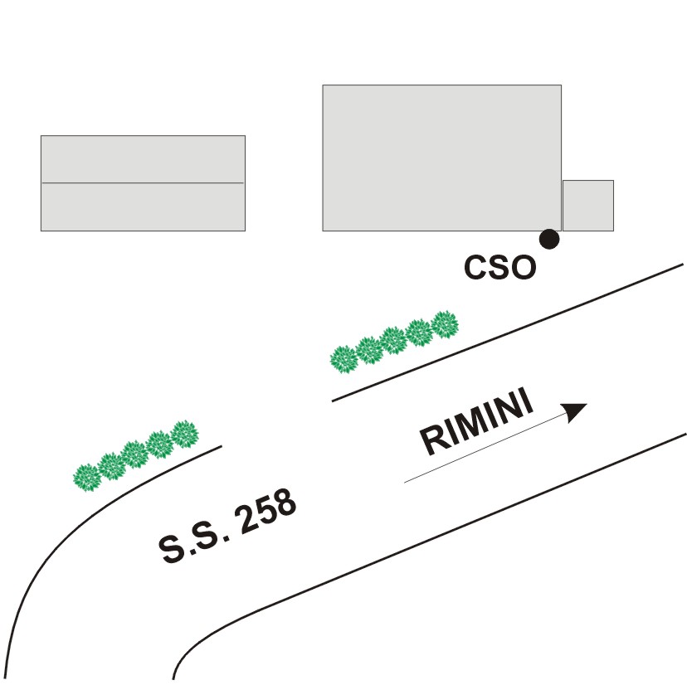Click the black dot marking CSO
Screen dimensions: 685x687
pos(548,240)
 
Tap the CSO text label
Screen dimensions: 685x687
pos(499,268)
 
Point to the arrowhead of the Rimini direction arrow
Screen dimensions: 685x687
pos(574,411)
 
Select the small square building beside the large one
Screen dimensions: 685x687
pos(587,206)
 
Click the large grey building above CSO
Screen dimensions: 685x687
pos(441,158)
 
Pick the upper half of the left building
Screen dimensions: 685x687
pos(143,159)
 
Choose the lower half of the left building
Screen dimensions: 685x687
pos(143,206)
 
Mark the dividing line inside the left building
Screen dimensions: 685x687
pos(143,182)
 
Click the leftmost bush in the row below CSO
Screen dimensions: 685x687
pos(343,359)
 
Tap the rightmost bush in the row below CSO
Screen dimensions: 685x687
pos(446,323)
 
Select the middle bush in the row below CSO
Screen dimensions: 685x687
pos(393,340)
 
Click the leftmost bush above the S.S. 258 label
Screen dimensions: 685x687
pos(86,477)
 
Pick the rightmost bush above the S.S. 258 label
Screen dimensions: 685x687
pos(185,434)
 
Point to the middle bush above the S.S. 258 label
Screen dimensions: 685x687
pos(135,454)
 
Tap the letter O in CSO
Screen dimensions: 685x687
pos(523,268)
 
